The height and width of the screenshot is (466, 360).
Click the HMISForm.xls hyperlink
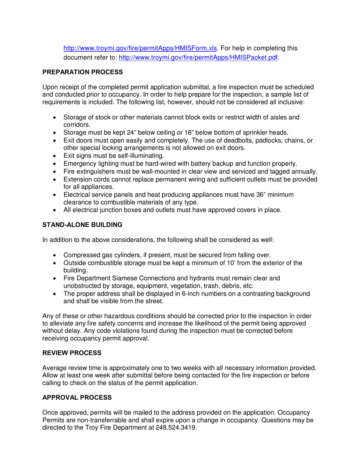(x=140, y=48)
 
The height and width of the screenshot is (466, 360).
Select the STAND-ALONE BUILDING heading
(x=82, y=225)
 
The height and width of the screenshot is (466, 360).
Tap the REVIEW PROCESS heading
(x=72, y=353)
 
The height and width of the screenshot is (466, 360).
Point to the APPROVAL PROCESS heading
(x=77, y=397)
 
